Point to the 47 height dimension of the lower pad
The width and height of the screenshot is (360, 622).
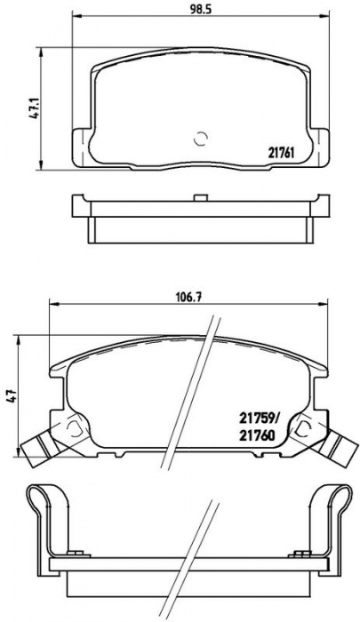(12, 395)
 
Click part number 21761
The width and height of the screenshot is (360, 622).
(280, 153)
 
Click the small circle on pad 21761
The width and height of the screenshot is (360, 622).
(200, 139)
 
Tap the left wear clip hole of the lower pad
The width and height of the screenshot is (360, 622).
(74, 427)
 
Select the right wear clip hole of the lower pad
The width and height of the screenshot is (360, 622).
(304, 427)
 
